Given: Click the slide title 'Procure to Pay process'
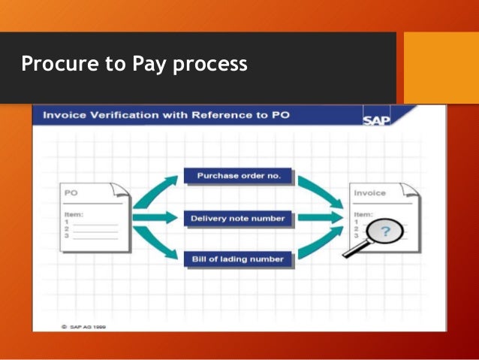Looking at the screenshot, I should point(134,65).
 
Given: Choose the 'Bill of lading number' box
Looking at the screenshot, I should point(234,259).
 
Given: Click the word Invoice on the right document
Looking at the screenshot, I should point(371,193).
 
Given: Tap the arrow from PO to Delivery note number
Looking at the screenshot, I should point(156,218).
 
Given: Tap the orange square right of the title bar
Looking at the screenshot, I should point(441,67).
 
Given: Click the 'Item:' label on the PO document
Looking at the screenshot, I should point(73,214).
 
